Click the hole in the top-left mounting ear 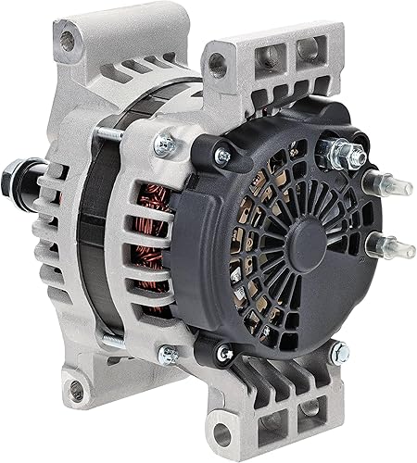(x=68, y=40)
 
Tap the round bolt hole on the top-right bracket (x=217, y=63)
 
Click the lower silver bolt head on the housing (x=168, y=354)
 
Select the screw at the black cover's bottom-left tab (x=223, y=353)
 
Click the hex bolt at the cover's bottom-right (x=339, y=352)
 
